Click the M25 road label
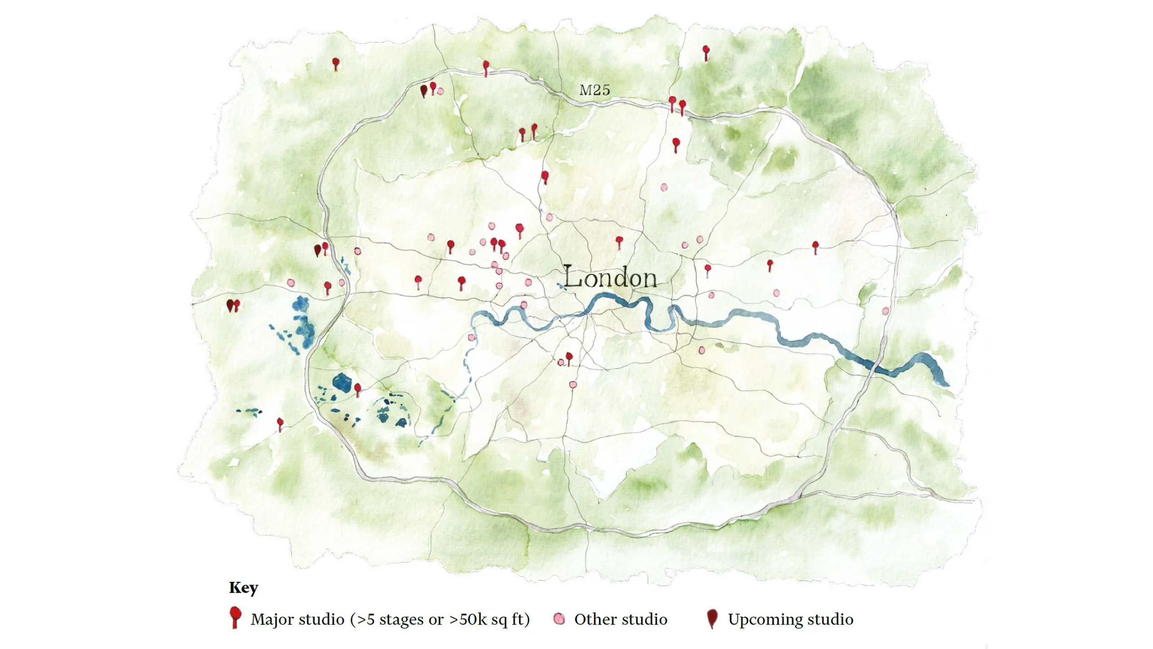(x=595, y=90)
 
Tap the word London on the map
(x=610, y=278)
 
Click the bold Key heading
(x=243, y=588)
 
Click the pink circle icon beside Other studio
(x=559, y=619)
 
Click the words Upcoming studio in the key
(x=790, y=619)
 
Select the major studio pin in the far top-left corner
(x=335, y=63)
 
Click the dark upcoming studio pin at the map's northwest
(x=423, y=91)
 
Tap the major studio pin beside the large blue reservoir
(x=358, y=388)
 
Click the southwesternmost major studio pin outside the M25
(x=280, y=424)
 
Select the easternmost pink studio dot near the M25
(x=885, y=311)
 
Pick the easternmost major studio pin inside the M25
(x=815, y=246)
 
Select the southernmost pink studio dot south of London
(x=573, y=384)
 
